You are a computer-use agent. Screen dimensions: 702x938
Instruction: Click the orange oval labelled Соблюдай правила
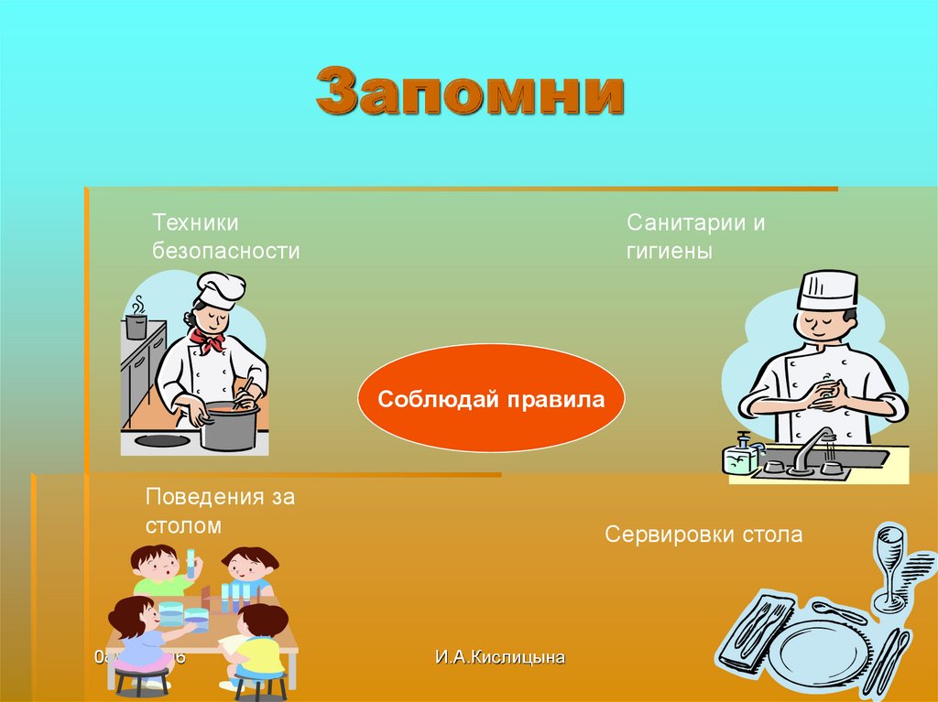pos(491,400)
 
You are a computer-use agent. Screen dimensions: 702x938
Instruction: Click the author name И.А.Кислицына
pos(500,656)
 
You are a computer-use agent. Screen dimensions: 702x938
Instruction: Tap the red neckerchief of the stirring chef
pos(208,341)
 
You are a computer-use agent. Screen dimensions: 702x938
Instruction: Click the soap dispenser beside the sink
pos(741,452)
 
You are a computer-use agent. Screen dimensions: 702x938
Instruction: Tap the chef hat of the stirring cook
pos(221,288)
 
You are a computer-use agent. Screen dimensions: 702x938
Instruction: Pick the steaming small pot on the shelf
pos(136,324)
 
